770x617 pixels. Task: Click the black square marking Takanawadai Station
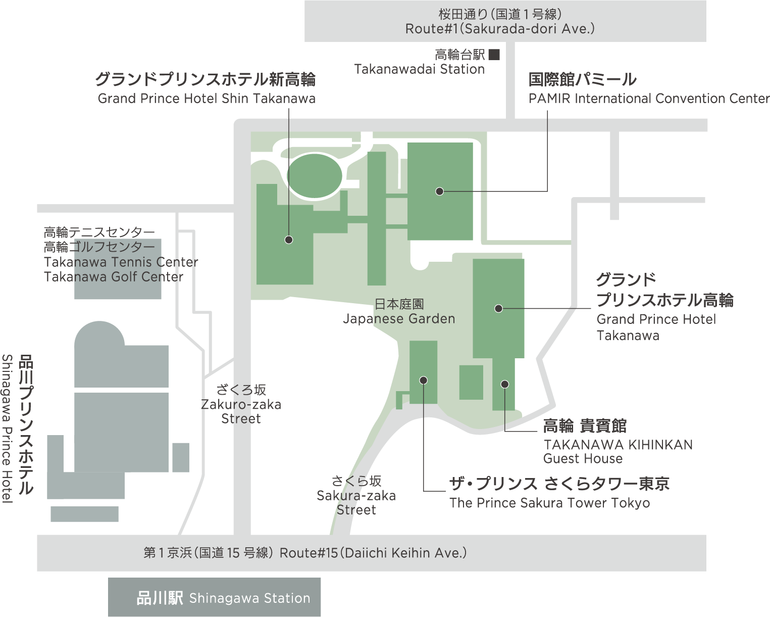(x=494, y=55)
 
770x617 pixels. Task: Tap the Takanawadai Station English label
(x=420, y=69)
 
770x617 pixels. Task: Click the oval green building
(x=315, y=175)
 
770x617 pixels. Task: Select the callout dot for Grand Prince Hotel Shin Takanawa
(x=289, y=240)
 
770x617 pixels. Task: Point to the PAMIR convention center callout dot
(x=439, y=191)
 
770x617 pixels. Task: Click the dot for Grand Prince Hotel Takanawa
(x=498, y=308)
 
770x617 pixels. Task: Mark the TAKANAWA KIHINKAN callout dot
(x=504, y=384)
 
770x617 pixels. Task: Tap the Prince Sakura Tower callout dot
(x=423, y=380)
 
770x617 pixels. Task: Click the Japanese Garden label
(x=399, y=318)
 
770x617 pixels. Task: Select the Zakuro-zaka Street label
(x=241, y=411)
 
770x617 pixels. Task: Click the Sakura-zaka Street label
(x=356, y=502)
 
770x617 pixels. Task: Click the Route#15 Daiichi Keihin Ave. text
(x=373, y=553)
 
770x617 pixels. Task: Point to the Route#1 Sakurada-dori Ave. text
(x=500, y=29)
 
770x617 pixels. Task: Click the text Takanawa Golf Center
(x=114, y=277)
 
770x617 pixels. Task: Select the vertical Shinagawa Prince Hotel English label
(x=8, y=429)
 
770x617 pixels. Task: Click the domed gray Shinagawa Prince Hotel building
(x=121, y=354)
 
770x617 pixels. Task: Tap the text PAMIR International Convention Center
(x=649, y=99)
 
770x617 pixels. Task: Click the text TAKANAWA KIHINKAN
(x=619, y=445)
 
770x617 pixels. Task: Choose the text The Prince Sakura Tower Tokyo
(x=549, y=503)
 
